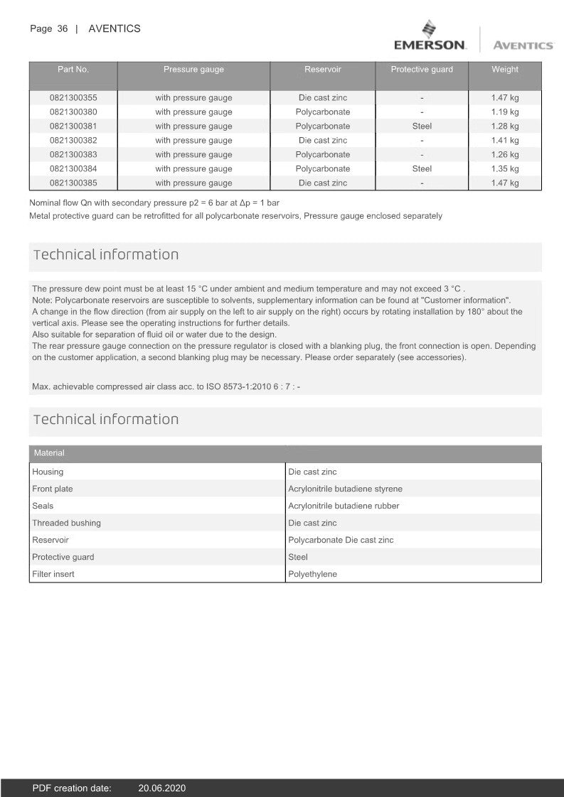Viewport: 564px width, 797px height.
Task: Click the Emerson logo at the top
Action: point(430,37)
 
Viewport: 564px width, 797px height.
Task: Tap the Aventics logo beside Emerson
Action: point(522,45)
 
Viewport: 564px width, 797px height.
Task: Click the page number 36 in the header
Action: point(63,29)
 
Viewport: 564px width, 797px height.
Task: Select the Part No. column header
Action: point(73,70)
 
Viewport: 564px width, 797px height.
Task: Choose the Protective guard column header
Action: point(422,70)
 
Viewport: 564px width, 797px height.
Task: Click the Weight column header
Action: point(505,70)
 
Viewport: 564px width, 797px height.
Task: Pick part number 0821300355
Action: point(73,98)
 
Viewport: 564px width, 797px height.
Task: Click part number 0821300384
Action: point(73,169)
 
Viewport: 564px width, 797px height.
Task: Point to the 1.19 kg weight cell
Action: point(505,112)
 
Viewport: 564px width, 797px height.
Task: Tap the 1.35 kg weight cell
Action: point(505,169)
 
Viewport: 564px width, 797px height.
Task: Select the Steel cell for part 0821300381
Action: point(422,126)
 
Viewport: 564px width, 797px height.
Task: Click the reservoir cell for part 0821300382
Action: point(323,141)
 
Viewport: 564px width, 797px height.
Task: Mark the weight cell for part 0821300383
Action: point(505,155)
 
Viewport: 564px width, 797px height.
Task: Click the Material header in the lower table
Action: point(49,453)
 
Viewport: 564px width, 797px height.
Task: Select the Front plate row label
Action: point(53,489)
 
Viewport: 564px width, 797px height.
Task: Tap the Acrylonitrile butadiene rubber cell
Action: point(344,506)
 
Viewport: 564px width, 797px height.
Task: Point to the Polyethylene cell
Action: point(312,574)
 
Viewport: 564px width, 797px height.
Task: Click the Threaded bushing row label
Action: point(66,523)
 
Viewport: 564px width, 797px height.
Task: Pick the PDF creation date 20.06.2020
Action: point(162,788)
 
